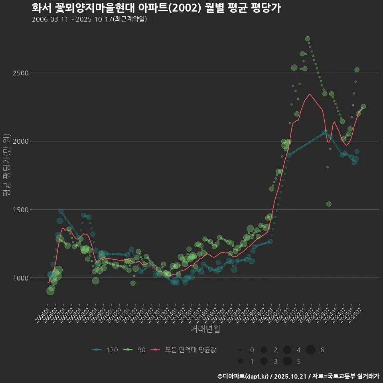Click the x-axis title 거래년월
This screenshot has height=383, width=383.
[x=205, y=329]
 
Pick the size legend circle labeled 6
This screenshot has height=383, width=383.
[x=310, y=350]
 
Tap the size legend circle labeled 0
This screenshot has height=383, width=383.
[x=241, y=350]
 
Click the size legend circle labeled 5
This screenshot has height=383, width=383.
[x=287, y=361]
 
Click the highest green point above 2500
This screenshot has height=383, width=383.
[x=308, y=39]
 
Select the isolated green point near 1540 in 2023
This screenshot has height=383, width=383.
[x=329, y=204]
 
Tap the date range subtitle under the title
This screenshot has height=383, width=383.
[x=89, y=19]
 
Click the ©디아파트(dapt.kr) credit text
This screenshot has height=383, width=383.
[x=243, y=376]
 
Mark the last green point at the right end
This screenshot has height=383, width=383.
[x=363, y=106]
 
